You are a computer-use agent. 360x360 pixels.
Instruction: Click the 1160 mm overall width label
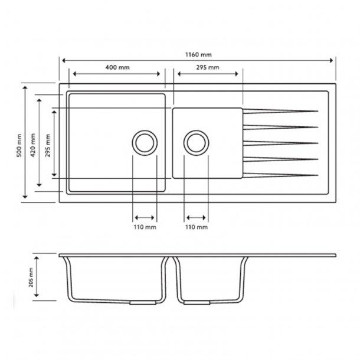tap(198, 54)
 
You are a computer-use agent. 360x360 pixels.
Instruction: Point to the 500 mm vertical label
tap(19, 144)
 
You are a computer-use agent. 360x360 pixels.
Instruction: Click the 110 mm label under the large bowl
tap(146, 227)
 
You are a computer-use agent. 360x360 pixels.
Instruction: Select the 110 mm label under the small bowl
tap(197, 227)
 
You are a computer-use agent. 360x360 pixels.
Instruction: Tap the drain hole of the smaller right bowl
tap(197, 142)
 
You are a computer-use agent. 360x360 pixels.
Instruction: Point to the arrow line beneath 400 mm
tap(115, 74)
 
